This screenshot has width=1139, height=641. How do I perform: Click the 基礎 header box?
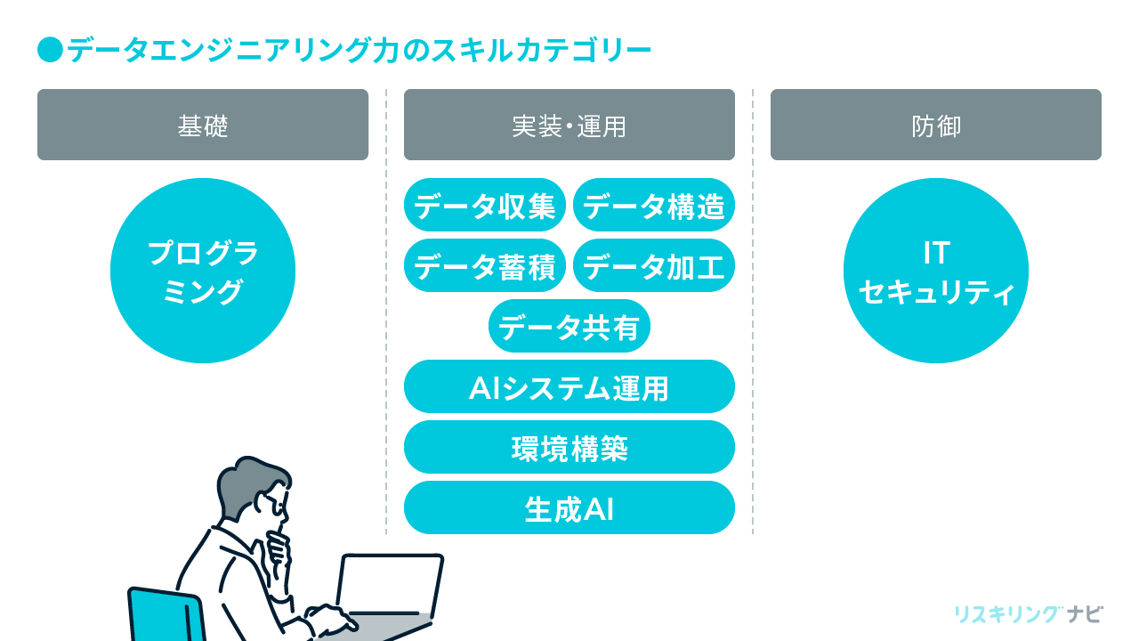(x=203, y=125)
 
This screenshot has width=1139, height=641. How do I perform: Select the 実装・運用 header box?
(x=569, y=125)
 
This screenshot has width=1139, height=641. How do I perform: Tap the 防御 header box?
(x=936, y=125)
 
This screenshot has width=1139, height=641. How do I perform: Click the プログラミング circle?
(x=203, y=271)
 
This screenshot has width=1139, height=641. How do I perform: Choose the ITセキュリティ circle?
(x=936, y=271)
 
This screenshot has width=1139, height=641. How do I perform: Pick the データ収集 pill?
(x=485, y=205)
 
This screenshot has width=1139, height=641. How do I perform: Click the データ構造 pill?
(x=654, y=205)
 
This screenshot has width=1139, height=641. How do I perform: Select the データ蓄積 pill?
(x=485, y=265)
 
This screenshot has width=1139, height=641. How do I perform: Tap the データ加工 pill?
(x=654, y=265)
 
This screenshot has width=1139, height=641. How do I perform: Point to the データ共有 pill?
(x=569, y=326)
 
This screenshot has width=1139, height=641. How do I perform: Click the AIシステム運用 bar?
(x=569, y=386)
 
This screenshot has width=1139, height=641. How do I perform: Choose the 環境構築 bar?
(x=569, y=447)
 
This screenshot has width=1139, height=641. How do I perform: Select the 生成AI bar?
(x=569, y=507)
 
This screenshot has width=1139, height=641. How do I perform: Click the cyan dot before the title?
(x=50, y=50)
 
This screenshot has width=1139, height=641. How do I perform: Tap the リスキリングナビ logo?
(x=1028, y=614)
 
